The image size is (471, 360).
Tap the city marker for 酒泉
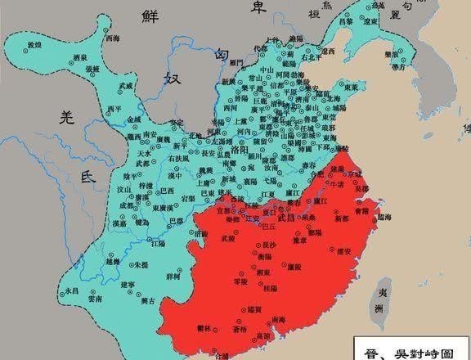[58, 66]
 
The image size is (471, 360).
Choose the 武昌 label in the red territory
[285, 215]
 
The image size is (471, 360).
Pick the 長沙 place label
[267, 245]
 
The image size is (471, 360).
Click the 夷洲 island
[378, 301]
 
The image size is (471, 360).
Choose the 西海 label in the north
[115, 38]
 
